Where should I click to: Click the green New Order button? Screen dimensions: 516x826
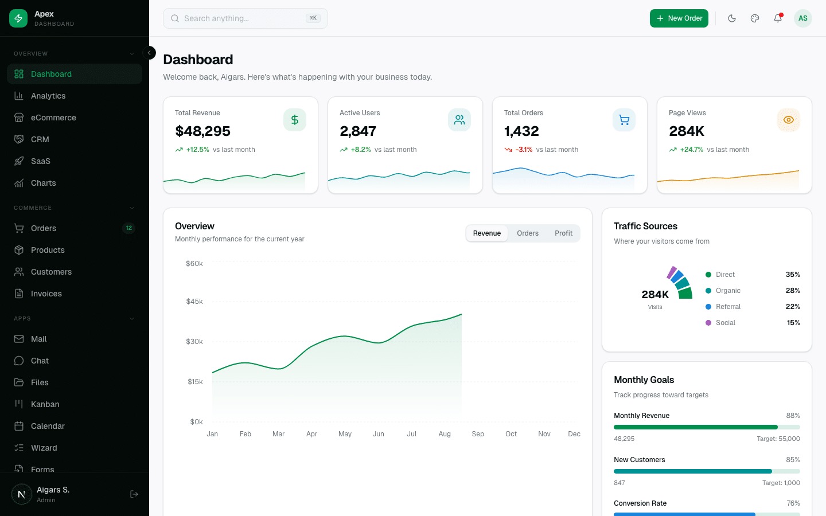(679, 18)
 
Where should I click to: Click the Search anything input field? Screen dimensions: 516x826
(241, 18)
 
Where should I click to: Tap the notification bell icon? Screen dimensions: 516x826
(778, 18)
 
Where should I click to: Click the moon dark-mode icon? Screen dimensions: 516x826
(732, 18)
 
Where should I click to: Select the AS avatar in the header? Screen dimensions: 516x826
(802, 18)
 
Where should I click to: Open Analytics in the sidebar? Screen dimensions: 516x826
(48, 96)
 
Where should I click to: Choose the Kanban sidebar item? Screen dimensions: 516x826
(45, 404)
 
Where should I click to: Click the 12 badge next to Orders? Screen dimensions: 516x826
(128, 228)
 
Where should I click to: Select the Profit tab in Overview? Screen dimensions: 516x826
(563, 233)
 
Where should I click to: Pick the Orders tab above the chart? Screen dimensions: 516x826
(527, 233)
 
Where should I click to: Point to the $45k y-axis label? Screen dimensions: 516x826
(194, 302)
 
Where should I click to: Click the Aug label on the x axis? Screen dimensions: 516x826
(445, 434)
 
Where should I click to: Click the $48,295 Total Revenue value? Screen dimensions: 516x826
(202, 131)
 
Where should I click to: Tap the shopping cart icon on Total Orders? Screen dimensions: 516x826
(624, 120)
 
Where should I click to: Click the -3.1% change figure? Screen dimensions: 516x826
(524, 150)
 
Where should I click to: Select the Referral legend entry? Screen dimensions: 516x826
(728, 307)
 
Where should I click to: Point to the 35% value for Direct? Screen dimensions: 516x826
(793, 275)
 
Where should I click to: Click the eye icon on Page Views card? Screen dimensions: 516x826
(788, 120)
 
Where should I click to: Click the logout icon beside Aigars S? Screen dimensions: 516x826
(134, 494)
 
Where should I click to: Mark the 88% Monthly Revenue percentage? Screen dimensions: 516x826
(793, 416)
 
